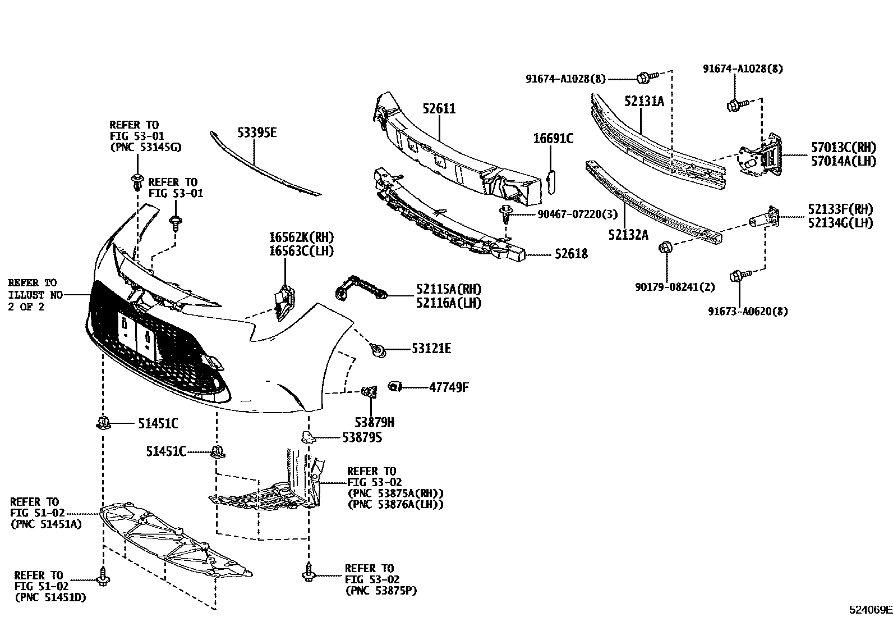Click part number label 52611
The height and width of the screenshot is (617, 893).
439,109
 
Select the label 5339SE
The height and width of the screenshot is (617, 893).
257,133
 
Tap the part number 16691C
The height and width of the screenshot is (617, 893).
553,139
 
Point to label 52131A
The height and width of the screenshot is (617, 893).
644,101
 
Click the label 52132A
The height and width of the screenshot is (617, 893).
628,235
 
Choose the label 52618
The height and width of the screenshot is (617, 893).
571,254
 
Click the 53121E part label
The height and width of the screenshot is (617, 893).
431,349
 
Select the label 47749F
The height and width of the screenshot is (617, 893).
449,387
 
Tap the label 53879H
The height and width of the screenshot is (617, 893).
374,422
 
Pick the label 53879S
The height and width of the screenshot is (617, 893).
362,437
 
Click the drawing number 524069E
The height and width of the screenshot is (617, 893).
869,610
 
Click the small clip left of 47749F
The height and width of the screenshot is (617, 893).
394,386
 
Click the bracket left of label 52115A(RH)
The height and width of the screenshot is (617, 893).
359,287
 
